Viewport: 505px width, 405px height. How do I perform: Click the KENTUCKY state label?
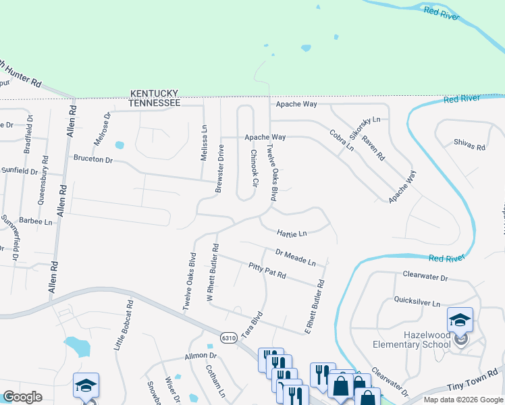coord(155,93)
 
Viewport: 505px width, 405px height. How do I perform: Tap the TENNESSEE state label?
coord(155,103)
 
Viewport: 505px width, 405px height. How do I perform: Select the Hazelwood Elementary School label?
coord(412,340)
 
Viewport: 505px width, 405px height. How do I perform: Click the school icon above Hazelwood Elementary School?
coord(460,320)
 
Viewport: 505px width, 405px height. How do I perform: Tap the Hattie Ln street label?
coord(292,234)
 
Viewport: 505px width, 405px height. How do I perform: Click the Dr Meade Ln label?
coord(296,256)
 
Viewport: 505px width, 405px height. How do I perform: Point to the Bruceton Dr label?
coord(92,161)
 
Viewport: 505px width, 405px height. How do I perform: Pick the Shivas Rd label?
coord(470,146)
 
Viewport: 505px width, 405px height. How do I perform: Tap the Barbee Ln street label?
coord(36,221)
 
